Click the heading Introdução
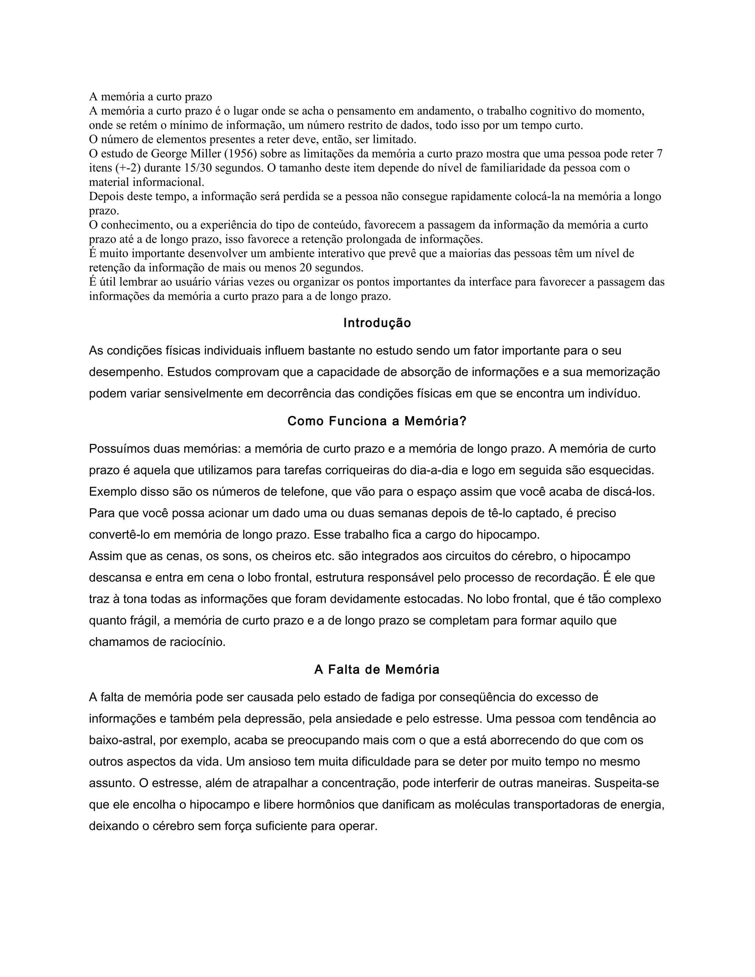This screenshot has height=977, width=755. click(x=377, y=323)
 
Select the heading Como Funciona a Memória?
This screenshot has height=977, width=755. click(x=377, y=421)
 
